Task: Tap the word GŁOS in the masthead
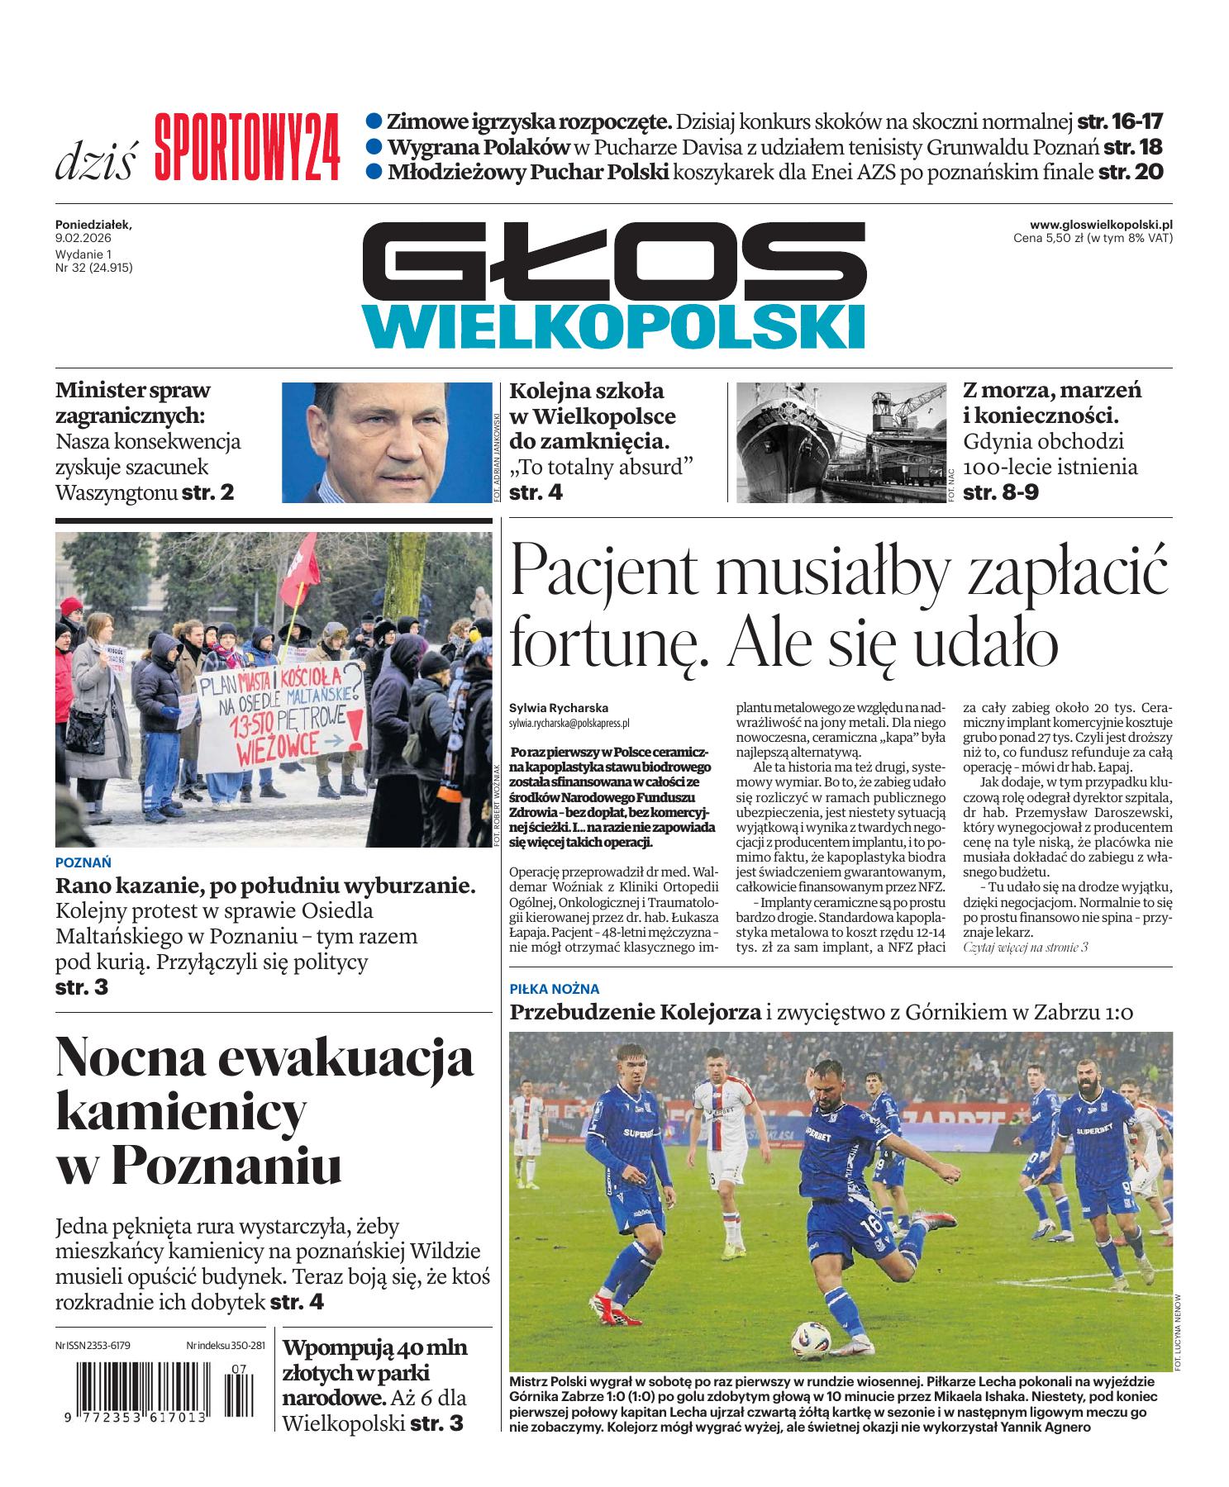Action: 613,263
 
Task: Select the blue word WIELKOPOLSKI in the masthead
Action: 613,325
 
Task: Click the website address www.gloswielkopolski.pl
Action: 1101,225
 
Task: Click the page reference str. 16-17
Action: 1120,122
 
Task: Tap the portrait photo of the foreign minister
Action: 387,442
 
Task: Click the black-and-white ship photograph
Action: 840,442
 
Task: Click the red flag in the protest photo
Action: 300,568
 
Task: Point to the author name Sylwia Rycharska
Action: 559,708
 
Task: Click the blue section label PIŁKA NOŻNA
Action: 555,989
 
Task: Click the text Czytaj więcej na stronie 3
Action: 1026,948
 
